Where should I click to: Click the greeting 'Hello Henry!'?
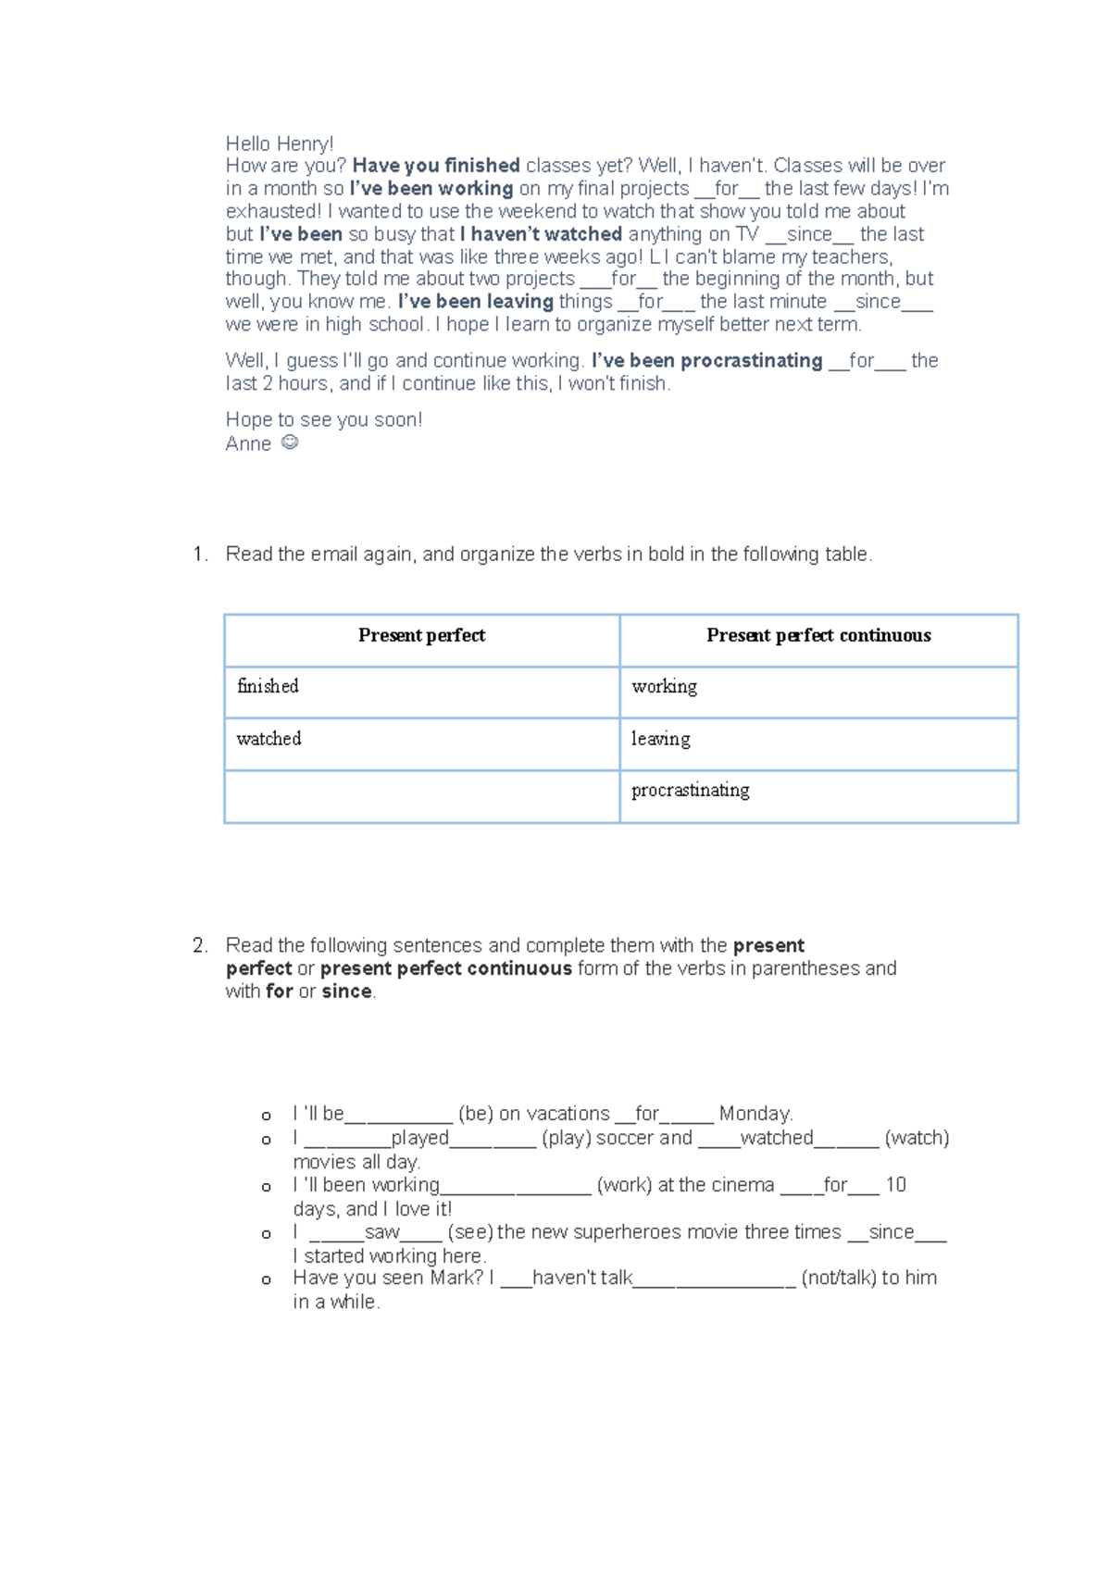(x=280, y=143)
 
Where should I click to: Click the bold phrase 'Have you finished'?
(x=435, y=166)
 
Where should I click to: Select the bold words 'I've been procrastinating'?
(x=706, y=361)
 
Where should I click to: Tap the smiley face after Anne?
(x=289, y=443)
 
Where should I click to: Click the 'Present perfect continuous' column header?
(x=818, y=636)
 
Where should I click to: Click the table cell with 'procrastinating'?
(x=818, y=795)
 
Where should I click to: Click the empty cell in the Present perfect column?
(x=421, y=795)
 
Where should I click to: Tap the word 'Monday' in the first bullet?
(x=755, y=1114)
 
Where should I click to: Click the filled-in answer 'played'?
(x=419, y=1138)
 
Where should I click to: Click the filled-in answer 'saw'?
(x=381, y=1232)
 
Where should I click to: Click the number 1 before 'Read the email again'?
(x=199, y=555)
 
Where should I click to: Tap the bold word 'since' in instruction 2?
(x=346, y=992)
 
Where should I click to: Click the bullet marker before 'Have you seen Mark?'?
(x=267, y=1280)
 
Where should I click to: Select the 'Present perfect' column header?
(x=421, y=636)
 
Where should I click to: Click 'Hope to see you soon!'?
(x=324, y=420)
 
